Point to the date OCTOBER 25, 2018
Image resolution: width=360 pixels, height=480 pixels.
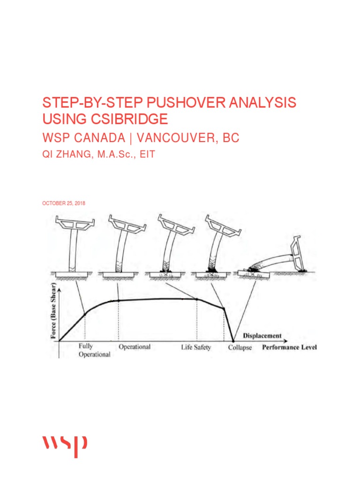click(x=64, y=203)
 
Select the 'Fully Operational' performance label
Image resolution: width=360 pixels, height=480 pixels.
click(x=94, y=351)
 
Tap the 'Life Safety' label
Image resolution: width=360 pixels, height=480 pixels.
click(x=196, y=347)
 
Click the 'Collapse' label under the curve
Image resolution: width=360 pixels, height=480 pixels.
click(x=240, y=347)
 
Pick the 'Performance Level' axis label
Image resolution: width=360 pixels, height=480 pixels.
click(x=289, y=347)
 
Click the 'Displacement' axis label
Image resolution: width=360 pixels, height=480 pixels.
click(x=262, y=336)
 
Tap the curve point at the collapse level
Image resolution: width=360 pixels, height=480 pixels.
click(x=233, y=341)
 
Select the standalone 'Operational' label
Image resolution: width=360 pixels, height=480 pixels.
click(x=135, y=347)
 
